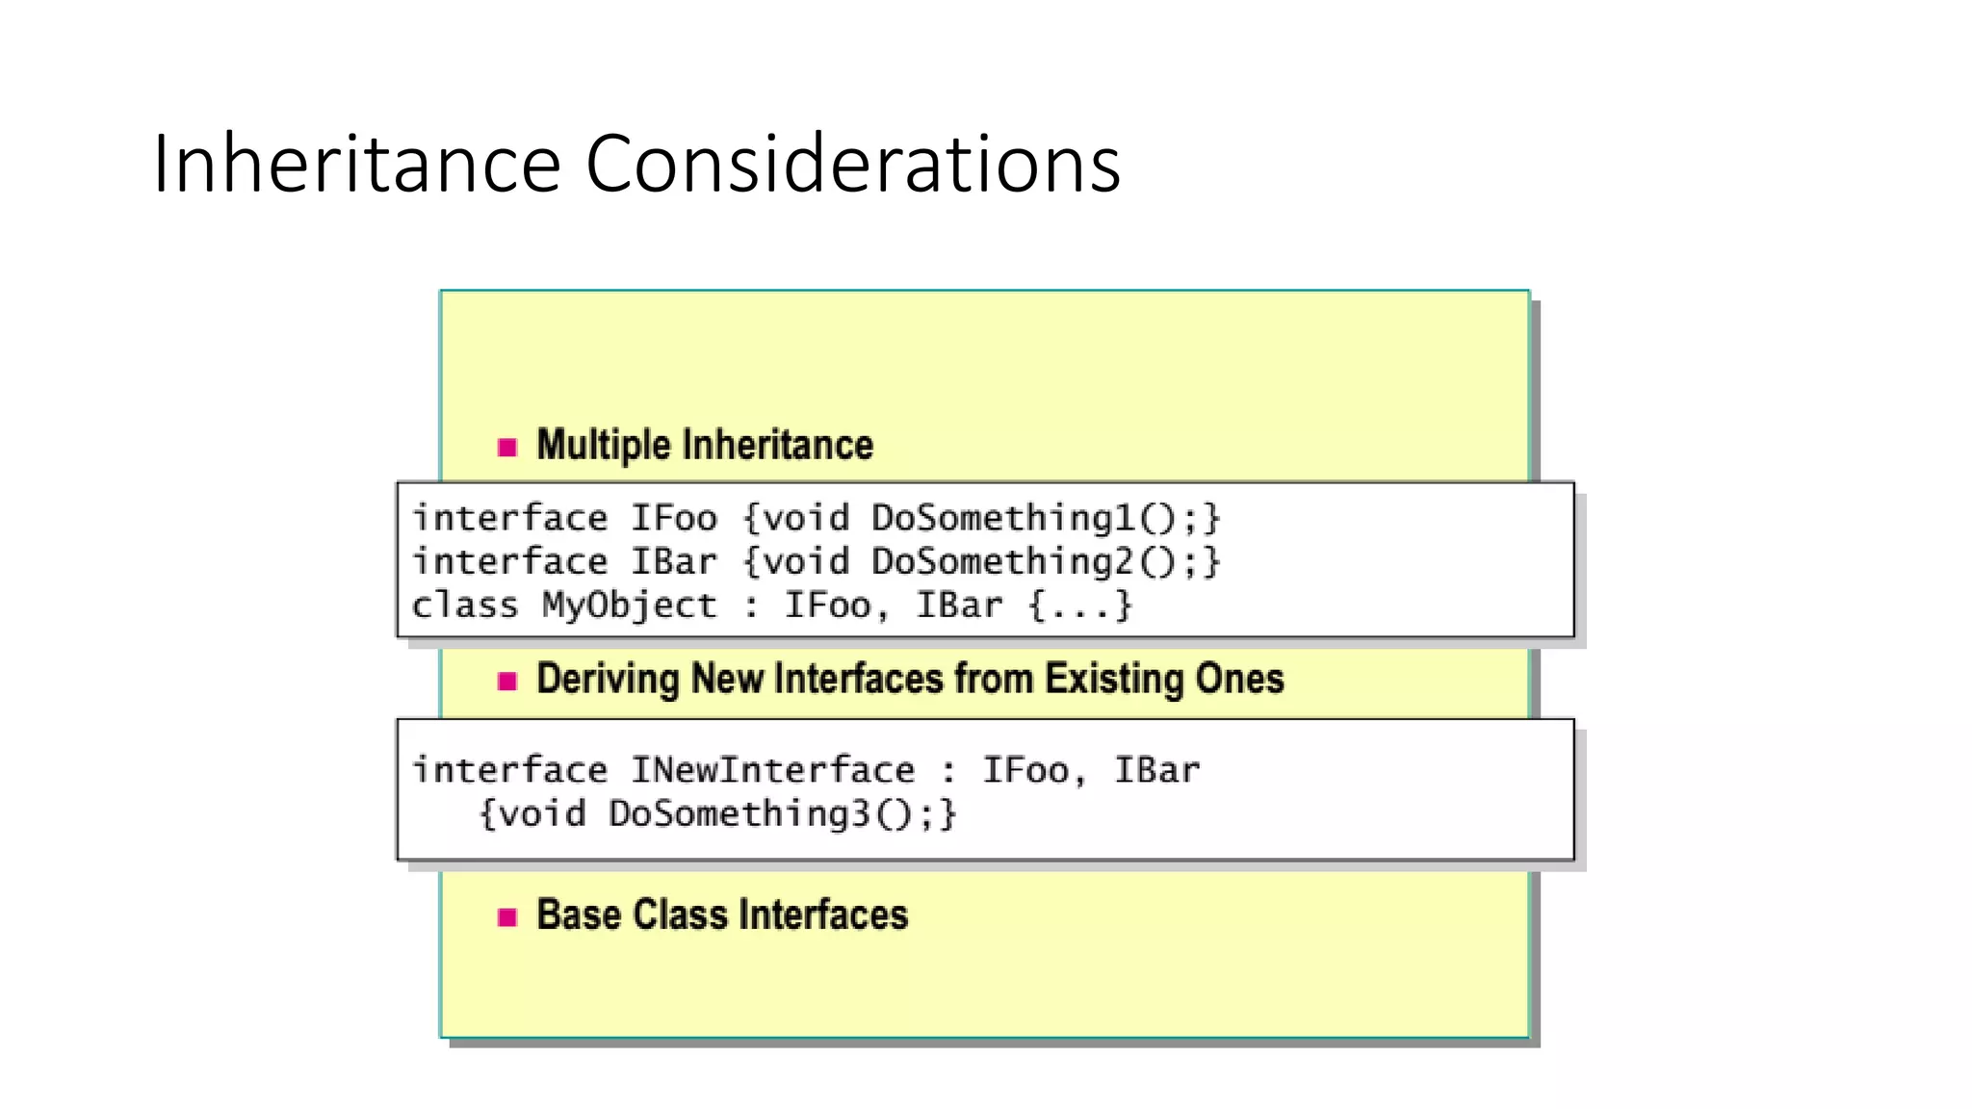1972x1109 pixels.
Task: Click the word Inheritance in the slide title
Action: tap(356, 164)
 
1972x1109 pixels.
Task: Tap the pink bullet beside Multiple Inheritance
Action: tap(507, 447)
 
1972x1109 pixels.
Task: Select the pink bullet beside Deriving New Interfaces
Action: tap(507, 682)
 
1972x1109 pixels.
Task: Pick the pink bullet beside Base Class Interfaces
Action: tap(507, 916)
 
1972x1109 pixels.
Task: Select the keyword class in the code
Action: tap(465, 606)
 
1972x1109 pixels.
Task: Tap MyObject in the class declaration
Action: tap(630, 606)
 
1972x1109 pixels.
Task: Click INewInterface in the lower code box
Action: tap(773, 770)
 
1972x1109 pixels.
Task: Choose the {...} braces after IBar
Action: tap(1079, 606)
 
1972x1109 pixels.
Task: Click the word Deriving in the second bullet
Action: tap(608, 680)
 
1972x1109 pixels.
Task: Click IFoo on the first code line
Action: tap(674, 518)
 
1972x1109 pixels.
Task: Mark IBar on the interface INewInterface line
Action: tap(1156, 770)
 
